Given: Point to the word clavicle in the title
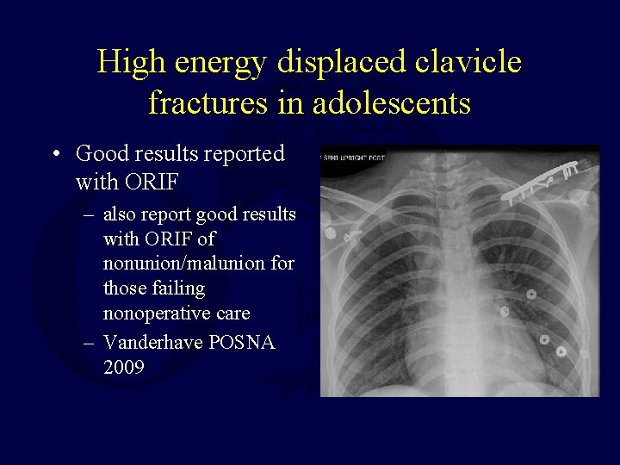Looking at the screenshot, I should (471, 63).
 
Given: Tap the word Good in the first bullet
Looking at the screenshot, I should (101, 154).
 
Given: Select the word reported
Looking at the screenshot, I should (244, 155).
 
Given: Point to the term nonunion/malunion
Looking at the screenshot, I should (198, 263).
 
